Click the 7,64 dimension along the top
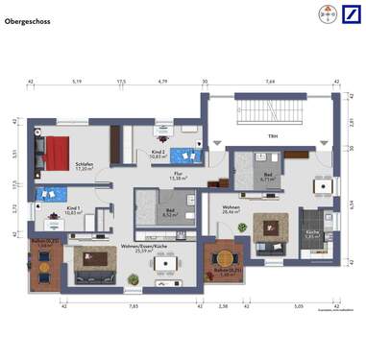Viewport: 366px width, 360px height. [270, 82]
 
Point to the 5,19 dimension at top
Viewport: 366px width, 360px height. [77, 82]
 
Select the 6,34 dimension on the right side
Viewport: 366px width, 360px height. [353, 204]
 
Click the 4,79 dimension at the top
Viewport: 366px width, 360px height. [163, 82]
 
